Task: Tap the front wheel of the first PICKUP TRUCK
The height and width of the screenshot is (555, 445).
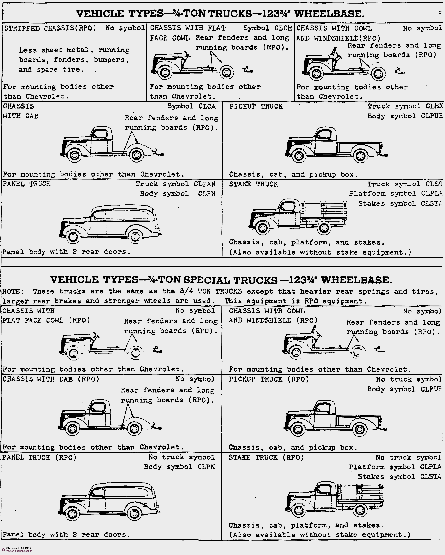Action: [x=299, y=155]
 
